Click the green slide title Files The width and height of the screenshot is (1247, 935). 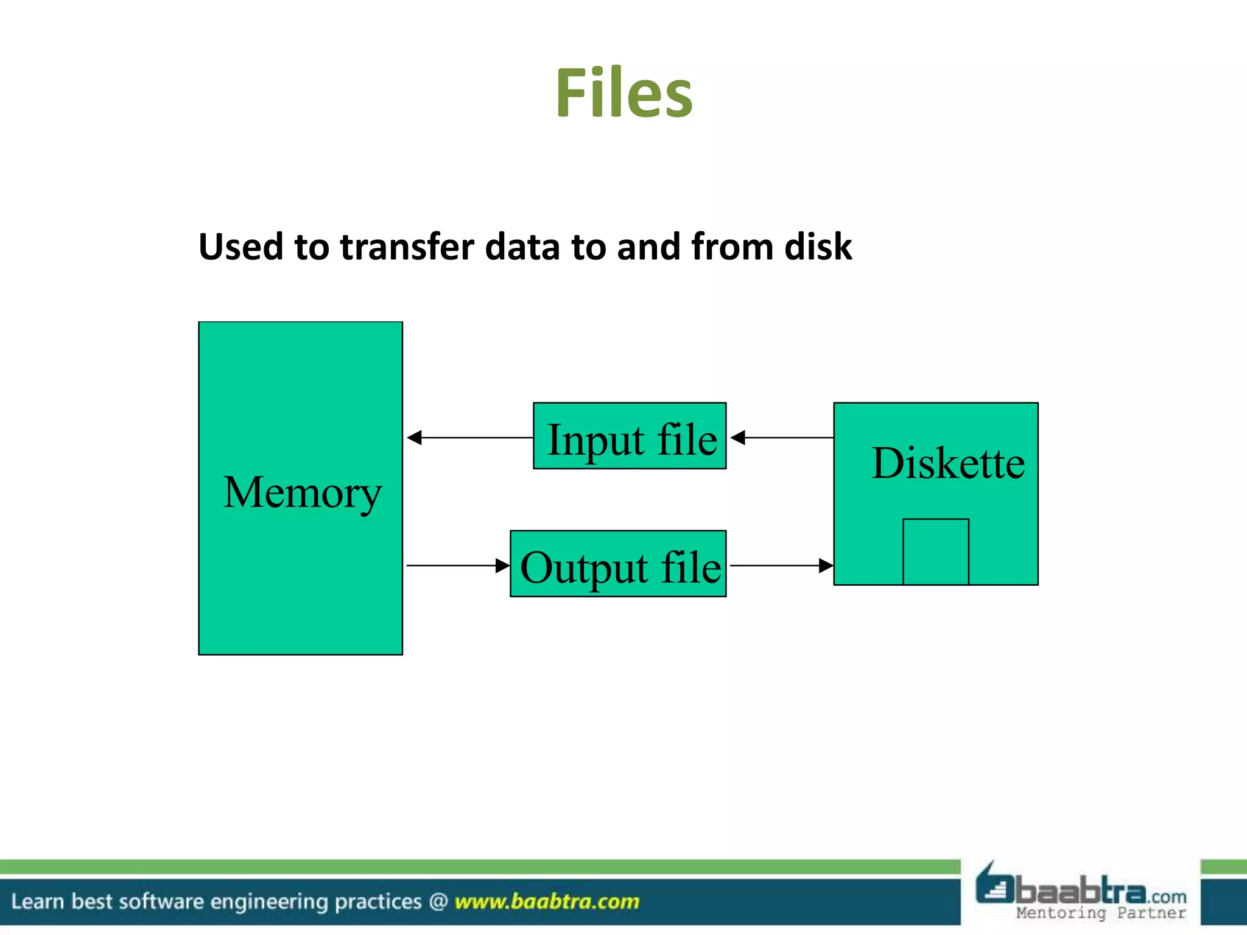[623, 93]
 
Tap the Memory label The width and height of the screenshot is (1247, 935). [302, 492]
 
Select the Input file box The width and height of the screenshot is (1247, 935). [630, 436]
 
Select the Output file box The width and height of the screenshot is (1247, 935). [618, 564]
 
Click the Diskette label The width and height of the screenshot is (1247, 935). [947, 463]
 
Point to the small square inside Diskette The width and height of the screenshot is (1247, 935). [935, 552]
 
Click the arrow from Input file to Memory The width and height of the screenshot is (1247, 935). [469, 438]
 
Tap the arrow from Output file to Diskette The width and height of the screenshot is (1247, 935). [781, 566]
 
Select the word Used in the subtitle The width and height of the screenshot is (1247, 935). [241, 247]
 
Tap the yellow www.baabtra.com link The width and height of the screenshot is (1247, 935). [547, 902]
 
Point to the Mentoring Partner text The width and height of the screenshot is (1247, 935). [1101, 912]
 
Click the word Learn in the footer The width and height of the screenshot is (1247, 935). [37, 902]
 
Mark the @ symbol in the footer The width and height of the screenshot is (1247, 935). [438, 902]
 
